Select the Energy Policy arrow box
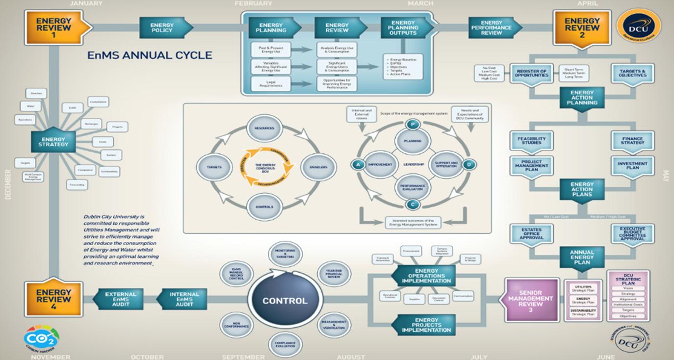tap(162, 28)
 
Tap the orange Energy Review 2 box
tap(582, 27)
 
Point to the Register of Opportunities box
tap(531, 72)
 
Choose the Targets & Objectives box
tap(632, 73)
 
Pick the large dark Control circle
tap(285, 301)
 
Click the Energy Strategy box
tap(53, 142)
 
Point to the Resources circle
tap(264, 129)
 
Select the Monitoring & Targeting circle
tap(285, 253)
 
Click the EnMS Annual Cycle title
tap(150, 55)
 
